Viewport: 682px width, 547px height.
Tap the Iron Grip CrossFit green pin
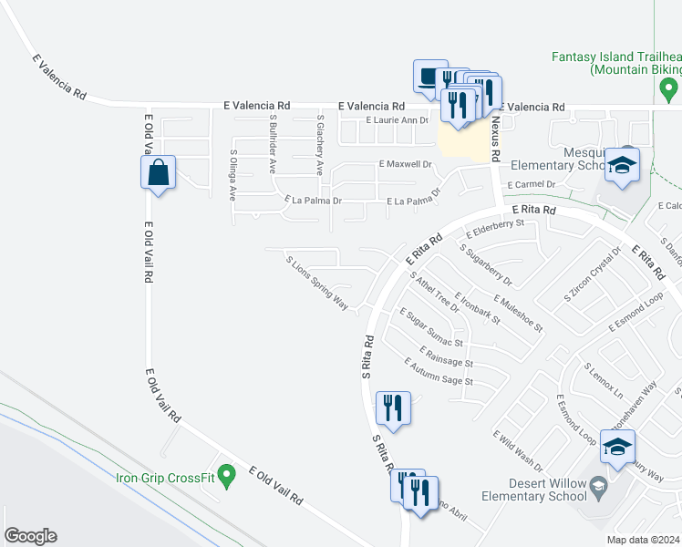click(x=229, y=472)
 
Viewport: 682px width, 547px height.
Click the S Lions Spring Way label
click(x=317, y=284)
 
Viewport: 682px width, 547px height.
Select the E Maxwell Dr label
click(x=405, y=164)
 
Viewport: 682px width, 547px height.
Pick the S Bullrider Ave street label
click(x=272, y=144)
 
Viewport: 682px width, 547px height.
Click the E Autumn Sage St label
click(x=439, y=371)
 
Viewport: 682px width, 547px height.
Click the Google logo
click(x=30, y=536)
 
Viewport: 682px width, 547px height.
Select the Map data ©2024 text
click(x=644, y=540)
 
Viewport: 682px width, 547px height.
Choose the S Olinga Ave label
click(x=232, y=175)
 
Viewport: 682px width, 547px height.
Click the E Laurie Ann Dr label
click(x=397, y=120)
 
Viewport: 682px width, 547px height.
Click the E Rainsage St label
click(x=447, y=356)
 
